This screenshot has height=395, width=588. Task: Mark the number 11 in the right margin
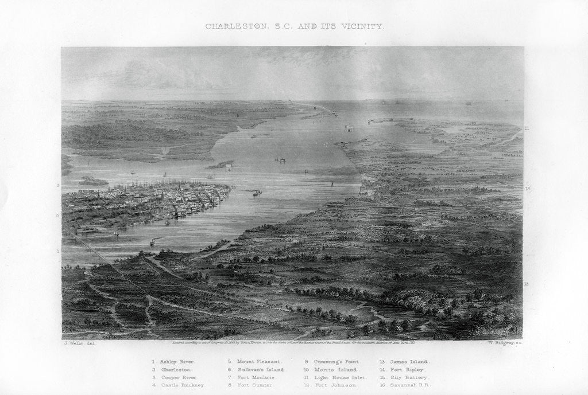point(527,128)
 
